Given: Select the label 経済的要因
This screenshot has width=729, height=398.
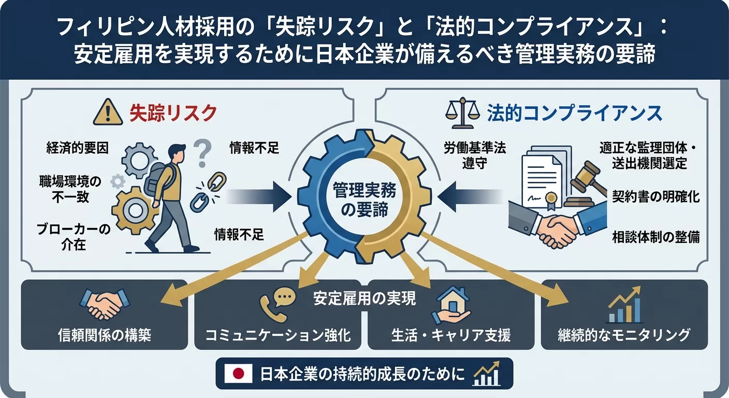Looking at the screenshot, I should (77, 148).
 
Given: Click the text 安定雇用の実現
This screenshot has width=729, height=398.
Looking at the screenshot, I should (364, 299).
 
